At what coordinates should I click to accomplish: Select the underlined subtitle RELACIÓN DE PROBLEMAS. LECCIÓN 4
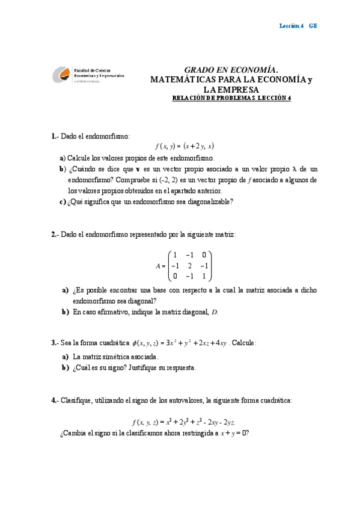point(231,99)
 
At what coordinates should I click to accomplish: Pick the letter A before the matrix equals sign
point(158,266)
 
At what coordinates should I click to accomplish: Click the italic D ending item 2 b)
point(215,312)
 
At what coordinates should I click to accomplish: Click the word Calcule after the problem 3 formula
point(244,343)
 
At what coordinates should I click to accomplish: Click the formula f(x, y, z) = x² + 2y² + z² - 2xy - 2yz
point(183,422)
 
